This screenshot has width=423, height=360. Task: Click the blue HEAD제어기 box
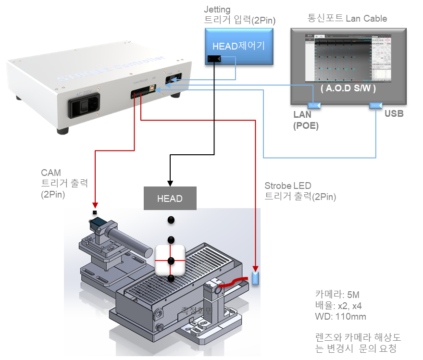pos(238,46)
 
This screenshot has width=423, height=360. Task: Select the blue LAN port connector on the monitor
pos(314,105)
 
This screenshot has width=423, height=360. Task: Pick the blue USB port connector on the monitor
pos(375,105)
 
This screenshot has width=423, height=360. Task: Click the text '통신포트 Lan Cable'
pos(347,19)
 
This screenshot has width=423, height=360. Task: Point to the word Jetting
pos(217,9)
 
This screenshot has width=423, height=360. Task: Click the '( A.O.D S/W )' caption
pos(348,89)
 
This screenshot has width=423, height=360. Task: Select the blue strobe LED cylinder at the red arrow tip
pos(255,278)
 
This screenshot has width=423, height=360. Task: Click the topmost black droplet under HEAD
pos(170,220)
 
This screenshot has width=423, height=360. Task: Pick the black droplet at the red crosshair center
pos(170,261)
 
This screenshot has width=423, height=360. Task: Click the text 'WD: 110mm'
pos(340,317)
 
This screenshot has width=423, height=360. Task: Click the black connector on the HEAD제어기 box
pos(214,59)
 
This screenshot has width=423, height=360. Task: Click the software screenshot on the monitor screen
pos(348,58)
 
